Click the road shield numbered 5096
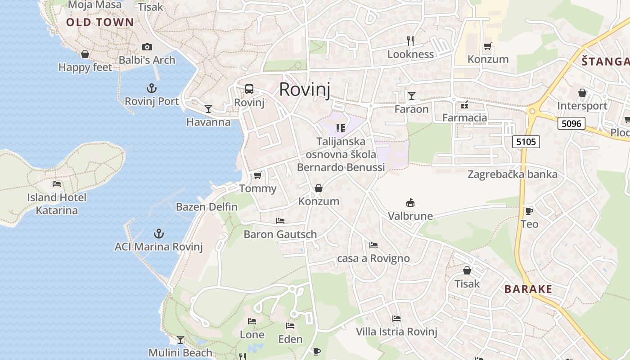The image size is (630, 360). pos(571,123)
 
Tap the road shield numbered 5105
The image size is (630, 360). pos(526,142)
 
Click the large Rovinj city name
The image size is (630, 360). pos(305,90)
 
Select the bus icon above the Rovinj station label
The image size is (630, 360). pos(249,89)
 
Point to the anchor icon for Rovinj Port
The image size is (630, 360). pos(151,88)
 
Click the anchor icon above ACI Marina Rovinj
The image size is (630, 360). pos(158,233)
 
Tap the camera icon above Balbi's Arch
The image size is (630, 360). pos(147,47)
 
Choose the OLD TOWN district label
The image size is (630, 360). pos(100,22)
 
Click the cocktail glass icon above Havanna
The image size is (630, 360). pos(208,108)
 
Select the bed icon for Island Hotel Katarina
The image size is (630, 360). pos(57,184)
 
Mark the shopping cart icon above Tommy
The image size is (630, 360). pos(257,175)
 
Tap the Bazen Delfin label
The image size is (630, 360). pos(207,207)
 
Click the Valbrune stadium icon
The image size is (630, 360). pos(410,202)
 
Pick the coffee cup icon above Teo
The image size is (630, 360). pos(529,211)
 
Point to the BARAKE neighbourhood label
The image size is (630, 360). pos(528,289)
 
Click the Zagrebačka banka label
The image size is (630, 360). pos(513,174)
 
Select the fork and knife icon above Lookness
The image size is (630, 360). pos(410,41)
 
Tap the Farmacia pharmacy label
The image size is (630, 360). pos(464,118)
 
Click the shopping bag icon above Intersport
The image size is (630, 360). pos(582,93)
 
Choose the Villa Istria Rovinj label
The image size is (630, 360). pos(396,332)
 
